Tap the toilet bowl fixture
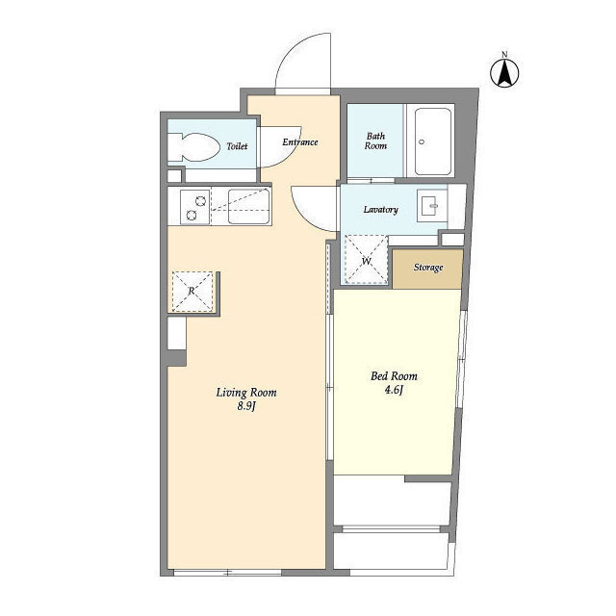pos(193,147)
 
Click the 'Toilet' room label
pos(237,146)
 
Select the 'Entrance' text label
pos(299,141)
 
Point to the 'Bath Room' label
pos(375,141)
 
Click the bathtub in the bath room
pos(433,141)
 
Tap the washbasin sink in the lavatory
pos(432,206)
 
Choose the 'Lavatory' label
pos(381,210)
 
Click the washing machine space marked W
pos(366,260)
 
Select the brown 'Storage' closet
pos(427,269)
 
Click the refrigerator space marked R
pos(192,292)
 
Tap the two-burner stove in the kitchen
pos(194,207)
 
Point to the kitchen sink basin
pos(248,207)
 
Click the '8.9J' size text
pos(246,406)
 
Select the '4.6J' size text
pos(394,390)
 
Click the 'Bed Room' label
pos(394,376)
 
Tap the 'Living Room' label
pos(246,393)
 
